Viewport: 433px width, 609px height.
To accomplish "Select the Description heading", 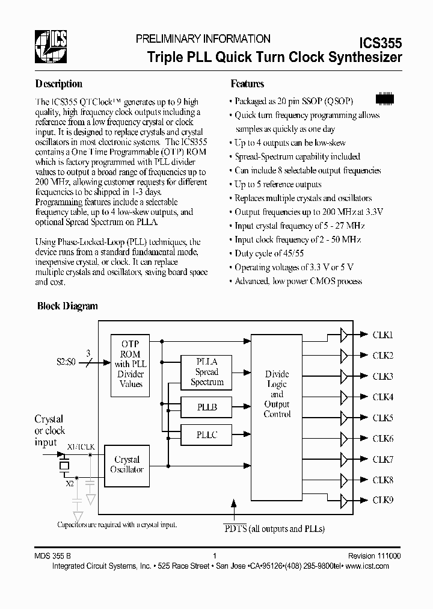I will pyautogui.click(x=58, y=84).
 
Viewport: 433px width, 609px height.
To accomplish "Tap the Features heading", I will pyautogui.click(x=247, y=84).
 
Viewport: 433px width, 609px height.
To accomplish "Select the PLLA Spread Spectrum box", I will pyautogui.click(x=206, y=371).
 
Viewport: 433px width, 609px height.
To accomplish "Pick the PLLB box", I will pyautogui.click(x=206, y=407).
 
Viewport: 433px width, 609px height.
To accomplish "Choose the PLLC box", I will pyautogui.click(x=206, y=434).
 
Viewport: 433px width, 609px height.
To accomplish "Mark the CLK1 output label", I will pyautogui.click(x=383, y=335).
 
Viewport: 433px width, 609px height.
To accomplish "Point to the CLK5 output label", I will pyautogui.click(x=383, y=418).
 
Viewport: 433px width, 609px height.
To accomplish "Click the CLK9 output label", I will pyautogui.click(x=383, y=499).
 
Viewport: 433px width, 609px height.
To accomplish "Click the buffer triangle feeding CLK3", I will pyautogui.click(x=344, y=376).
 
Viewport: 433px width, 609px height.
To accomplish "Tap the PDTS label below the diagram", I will pyautogui.click(x=232, y=528).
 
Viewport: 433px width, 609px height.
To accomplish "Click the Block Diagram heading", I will pyautogui.click(x=67, y=306).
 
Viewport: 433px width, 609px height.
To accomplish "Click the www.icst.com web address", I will pyautogui.click(x=373, y=567).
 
